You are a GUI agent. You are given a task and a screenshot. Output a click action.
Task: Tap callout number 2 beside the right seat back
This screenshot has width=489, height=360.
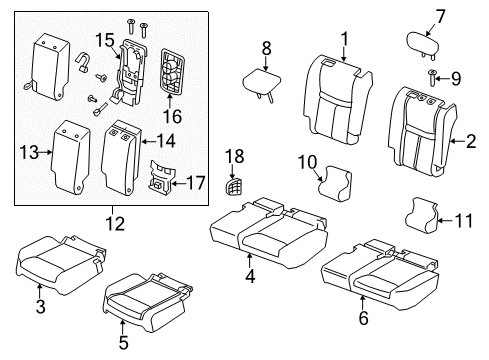point(469,142)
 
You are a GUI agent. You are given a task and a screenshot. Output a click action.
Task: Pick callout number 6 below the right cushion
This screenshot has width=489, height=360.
point(363,318)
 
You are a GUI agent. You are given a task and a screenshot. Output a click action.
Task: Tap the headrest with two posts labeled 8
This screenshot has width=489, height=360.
point(260,79)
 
